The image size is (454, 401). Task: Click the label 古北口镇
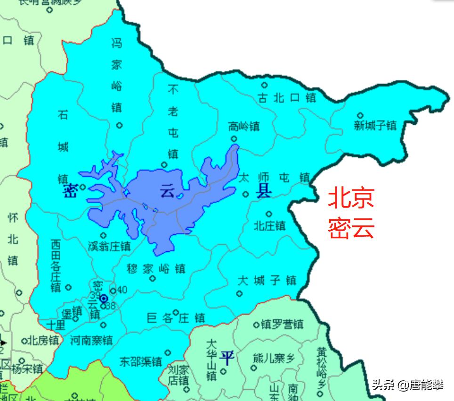(x=287, y=98)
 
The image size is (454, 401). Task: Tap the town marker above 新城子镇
(x=360, y=115)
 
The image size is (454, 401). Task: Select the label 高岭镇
(x=243, y=127)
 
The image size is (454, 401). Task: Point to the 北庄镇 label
(x=269, y=226)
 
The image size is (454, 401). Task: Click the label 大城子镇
(x=267, y=281)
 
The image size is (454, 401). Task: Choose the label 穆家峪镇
(x=156, y=269)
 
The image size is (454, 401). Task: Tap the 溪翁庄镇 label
(x=109, y=246)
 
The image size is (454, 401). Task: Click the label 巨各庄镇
(x=176, y=319)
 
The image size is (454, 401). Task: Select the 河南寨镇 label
(x=91, y=340)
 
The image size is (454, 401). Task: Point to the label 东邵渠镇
(x=140, y=362)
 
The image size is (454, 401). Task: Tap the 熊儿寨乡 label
(x=274, y=358)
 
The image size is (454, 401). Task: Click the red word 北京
(x=351, y=198)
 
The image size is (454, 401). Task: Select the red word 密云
(x=351, y=228)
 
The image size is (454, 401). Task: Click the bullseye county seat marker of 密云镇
(x=104, y=298)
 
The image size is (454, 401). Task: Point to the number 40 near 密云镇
(x=122, y=290)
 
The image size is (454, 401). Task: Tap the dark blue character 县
(x=263, y=191)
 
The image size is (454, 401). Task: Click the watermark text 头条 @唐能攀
(x=407, y=385)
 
